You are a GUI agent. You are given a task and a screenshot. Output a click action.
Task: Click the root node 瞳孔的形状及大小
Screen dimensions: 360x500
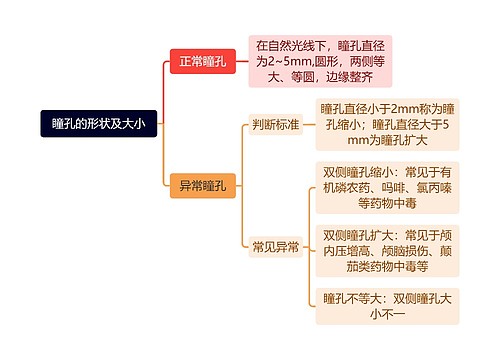click(x=99, y=124)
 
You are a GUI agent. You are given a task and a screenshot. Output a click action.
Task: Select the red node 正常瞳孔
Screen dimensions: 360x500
click(x=202, y=62)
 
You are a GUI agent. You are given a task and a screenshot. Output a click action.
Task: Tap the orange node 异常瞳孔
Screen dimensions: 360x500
click(x=202, y=186)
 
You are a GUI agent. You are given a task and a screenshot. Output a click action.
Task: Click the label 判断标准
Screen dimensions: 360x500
click(x=276, y=125)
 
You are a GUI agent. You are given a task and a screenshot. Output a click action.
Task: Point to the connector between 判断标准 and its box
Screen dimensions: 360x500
click(x=309, y=125)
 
